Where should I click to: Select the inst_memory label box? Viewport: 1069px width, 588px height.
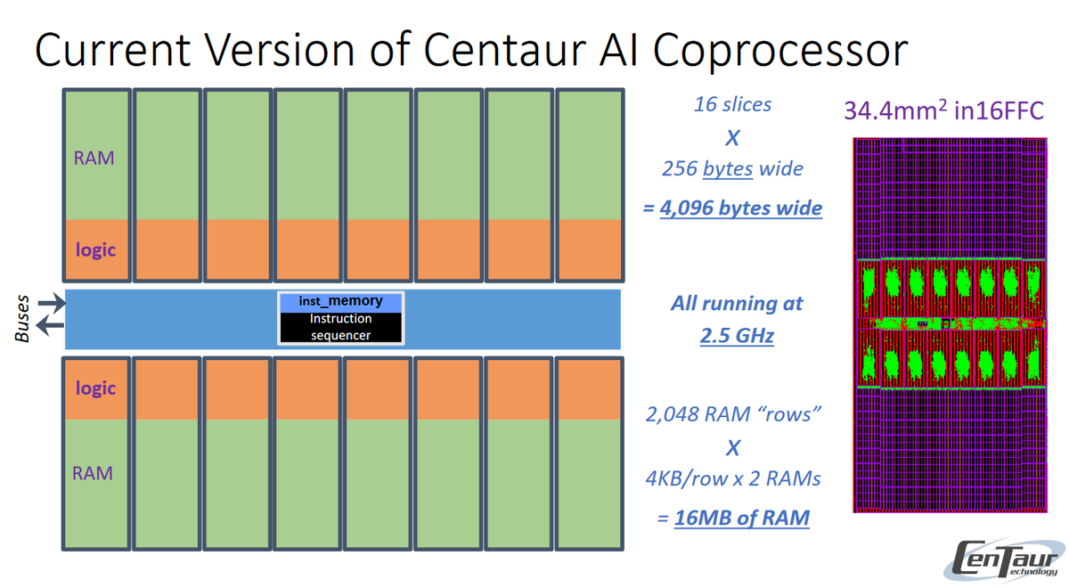(x=341, y=301)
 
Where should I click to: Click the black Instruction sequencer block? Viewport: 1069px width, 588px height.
(x=341, y=327)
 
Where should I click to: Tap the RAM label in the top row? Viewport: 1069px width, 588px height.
(x=93, y=158)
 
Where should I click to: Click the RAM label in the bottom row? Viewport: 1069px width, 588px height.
(x=93, y=473)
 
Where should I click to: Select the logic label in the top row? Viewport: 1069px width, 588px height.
(x=95, y=249)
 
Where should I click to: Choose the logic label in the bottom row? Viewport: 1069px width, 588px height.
(x=95, y=388)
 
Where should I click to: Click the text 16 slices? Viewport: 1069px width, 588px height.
(x=732, y=104)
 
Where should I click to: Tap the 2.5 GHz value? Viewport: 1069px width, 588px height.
(x=737, y=336)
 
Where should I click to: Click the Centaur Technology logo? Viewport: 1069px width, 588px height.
(x=1003, y=559)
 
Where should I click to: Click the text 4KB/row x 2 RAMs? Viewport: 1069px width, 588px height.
(x=732, y=478)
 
